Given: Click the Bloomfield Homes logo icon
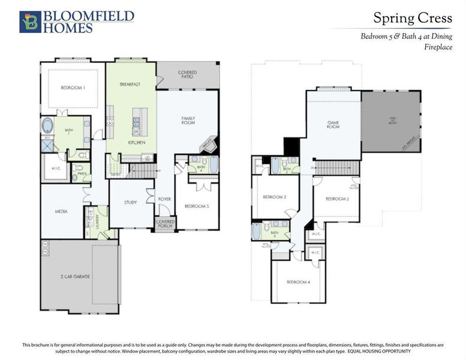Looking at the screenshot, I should [29, 21].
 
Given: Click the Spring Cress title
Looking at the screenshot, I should [413, 18].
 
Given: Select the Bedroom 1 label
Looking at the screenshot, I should [73, 88].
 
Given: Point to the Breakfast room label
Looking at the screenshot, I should [130, 85].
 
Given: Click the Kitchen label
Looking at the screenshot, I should [137, 143].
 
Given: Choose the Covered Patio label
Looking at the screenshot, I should [188, 75].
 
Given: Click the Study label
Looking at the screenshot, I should [130, 202].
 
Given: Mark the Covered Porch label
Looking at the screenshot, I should [165, 224].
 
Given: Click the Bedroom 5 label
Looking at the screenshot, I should [196, 206].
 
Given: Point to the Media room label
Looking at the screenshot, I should [61, 211].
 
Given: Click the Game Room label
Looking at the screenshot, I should [333, 124].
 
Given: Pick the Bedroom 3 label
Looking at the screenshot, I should [337, 198].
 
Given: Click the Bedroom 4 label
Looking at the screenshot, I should [297, 282].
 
